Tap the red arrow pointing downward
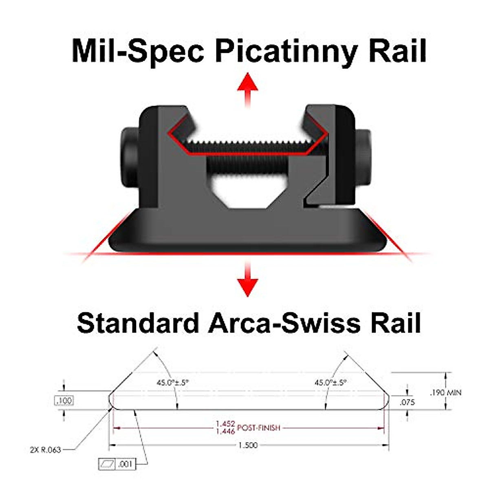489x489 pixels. (x=247, y=279)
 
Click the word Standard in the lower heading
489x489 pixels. (x=137, y=323)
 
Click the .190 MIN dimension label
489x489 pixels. (x=446, y=392)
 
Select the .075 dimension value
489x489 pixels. (x=407, y=402)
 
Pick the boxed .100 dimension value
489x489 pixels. (x=64, y=401)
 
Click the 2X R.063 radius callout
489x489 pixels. (x=45, y=450)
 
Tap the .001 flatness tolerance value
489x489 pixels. (x=126, y=464)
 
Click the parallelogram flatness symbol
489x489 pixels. (x=107, y=464)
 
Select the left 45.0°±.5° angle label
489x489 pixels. (x=173, y=383)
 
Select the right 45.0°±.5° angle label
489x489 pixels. (x=330, y=383)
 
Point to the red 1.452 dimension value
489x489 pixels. (x=225, y=424)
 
